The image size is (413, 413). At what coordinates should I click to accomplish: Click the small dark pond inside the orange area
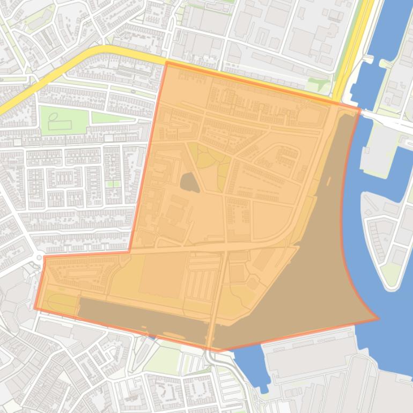(x=189, y=183)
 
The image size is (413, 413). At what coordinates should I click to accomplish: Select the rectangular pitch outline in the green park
(x=60, y=125)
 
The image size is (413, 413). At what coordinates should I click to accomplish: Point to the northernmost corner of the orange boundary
(x=167, y=62)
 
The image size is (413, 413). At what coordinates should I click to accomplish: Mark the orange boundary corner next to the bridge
(x=359, y=109)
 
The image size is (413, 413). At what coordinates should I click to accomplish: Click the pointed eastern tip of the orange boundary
(x=378, y=319)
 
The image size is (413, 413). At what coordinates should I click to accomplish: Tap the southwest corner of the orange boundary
(x=35, y=309)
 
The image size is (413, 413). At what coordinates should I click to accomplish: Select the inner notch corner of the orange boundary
(x=129, y=251)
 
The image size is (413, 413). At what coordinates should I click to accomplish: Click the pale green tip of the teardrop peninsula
(x=392, y=274)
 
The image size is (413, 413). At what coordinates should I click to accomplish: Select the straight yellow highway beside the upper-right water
(x=351, y=48)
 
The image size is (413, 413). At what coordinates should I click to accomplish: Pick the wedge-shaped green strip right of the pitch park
(x=113, y=117)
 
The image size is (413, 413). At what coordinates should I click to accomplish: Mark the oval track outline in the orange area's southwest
(x=63, y=304)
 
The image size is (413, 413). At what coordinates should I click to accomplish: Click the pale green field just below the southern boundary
(x=164, y=358)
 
